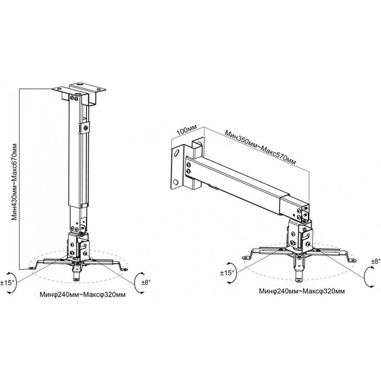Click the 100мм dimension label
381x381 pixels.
[187, 131]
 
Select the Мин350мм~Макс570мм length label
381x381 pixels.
[260, 147]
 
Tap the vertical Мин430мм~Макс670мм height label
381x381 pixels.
[15, 182]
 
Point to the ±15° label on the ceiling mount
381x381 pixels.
[7, 283]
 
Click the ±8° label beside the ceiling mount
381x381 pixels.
[146, 283]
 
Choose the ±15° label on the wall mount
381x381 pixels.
[227, 273]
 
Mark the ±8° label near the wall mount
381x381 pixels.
[376, 261]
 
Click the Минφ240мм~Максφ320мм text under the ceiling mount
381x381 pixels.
[83, 295]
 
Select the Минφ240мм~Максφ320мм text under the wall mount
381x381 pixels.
[302, 291]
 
